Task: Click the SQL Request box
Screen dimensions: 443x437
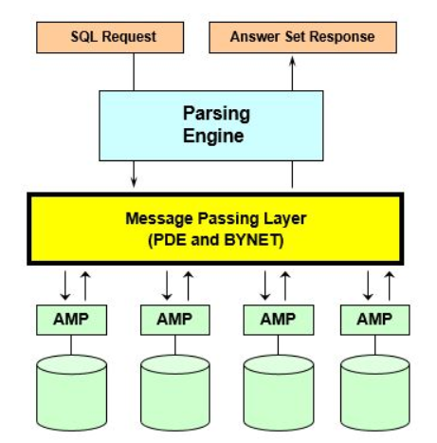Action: [x=114, y=37]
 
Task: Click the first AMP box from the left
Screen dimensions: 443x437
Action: [x=71, y=319]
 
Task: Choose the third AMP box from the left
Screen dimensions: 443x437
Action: [x=278, y=319]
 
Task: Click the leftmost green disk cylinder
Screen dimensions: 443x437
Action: [x=71, y=392]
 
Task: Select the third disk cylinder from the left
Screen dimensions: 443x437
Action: [x=278, y=392]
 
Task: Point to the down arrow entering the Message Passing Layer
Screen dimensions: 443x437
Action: [x=135, y=178]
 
